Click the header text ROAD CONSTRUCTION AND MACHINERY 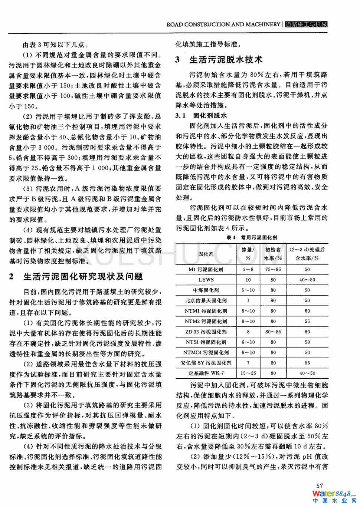[223, 24]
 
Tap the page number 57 [320, 485]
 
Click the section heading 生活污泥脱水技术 [226, 60]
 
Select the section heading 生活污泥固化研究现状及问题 [83, 277]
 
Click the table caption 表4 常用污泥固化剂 [252, 237]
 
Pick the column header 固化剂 [206, 254]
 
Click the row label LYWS [206, 280]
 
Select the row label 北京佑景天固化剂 [206, 301]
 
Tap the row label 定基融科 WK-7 [206, 373]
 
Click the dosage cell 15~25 [248, 373]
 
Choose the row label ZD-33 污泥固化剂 [206, 332]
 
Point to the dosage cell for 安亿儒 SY [248, 363]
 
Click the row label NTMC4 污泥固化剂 [206, 353]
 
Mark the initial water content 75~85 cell [273, 270]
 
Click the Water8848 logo [334, 496]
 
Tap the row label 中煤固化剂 [206, 290]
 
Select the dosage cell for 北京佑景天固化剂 [248, 301]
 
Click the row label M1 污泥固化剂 [206, 270]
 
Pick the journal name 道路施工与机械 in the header [306, 24]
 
